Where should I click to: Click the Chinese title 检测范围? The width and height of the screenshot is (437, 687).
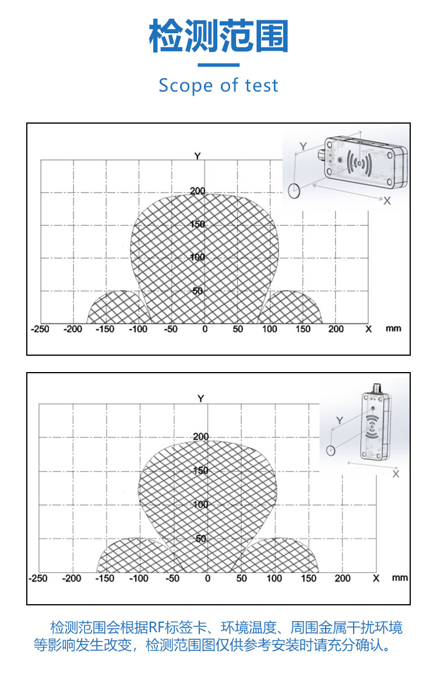click(218, 36)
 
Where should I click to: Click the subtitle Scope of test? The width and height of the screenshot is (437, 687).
click(218, 85)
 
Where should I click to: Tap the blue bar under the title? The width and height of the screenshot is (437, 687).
click(218, 65)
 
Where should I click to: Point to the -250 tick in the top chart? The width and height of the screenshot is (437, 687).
click(40, 329)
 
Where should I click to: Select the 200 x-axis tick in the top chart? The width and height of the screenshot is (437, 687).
click(336, 329)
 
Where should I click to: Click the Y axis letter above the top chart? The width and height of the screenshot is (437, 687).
click(198, 156)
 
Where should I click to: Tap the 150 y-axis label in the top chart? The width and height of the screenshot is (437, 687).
click(198, 225)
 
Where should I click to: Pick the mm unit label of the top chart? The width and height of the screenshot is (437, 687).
click(393, 328)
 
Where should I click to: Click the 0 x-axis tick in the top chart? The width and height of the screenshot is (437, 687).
click(205, 329)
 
